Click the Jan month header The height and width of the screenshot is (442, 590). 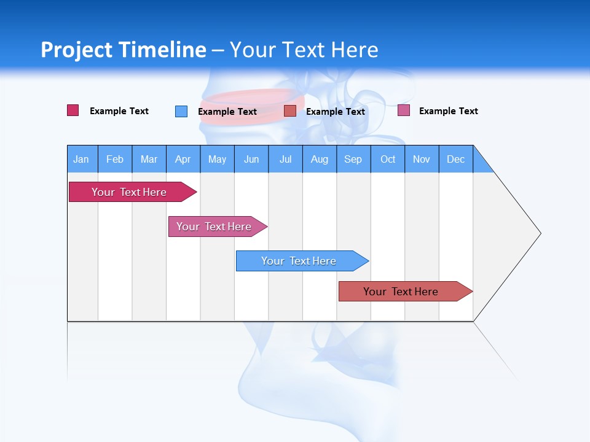pos(82,160)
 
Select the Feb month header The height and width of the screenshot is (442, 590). pos(115,160)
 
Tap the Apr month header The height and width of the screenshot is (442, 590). pos(183,160)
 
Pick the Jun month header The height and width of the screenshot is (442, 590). pos(251,160)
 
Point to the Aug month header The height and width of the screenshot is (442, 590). pos(320,160)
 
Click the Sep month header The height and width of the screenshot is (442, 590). pos(353,160)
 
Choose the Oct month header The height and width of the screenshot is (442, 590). pos(388,160)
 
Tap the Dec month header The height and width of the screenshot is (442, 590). pos(456,160)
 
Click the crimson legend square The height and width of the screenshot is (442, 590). pos(73,110)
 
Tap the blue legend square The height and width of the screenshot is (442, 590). pos(181,111)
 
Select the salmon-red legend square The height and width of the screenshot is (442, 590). pos(290,110)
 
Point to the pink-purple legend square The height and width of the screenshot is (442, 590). pos(404,110)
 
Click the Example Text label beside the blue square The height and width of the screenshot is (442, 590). pos(227,112)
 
